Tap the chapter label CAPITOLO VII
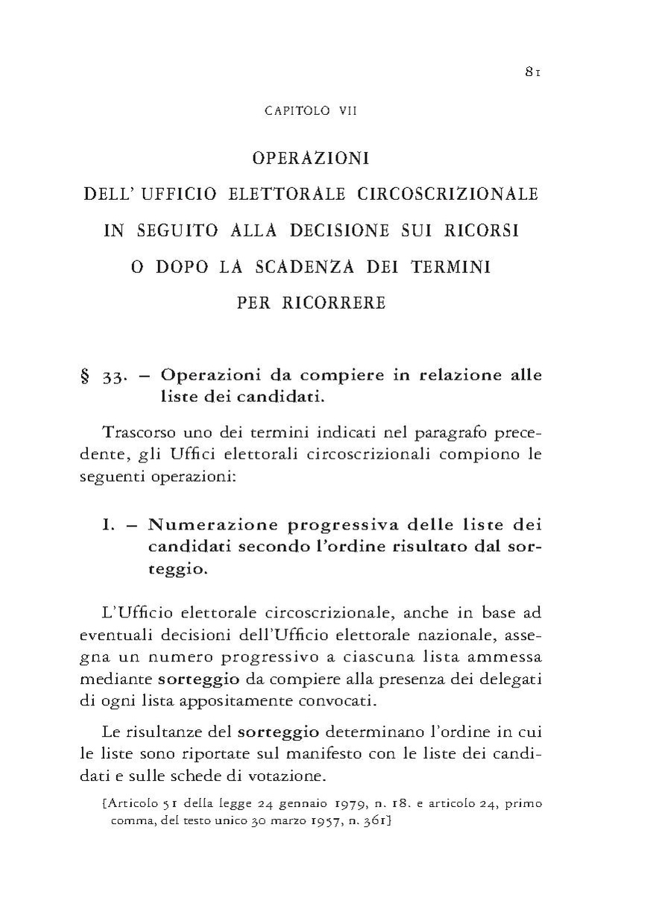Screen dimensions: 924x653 point(312,111)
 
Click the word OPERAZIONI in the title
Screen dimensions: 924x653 point(312,159)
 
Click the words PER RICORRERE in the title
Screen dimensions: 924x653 point(312,304)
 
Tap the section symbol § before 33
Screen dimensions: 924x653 point(85,376)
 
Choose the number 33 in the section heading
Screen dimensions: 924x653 point(113,377)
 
